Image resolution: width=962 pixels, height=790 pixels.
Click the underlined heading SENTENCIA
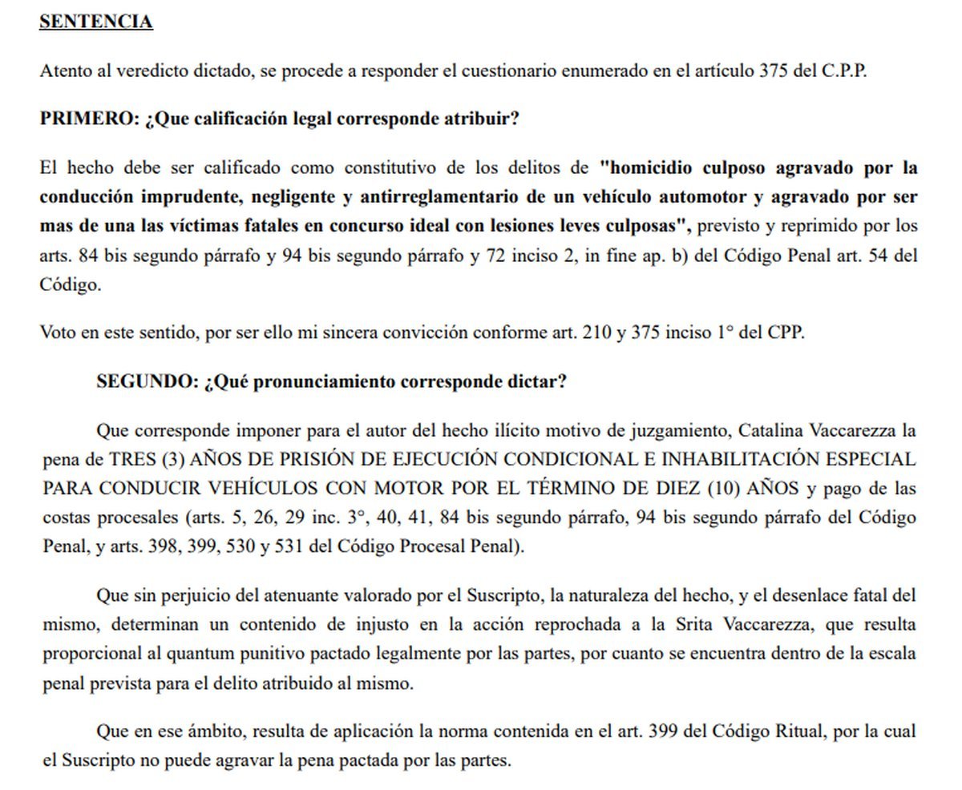point(96,22)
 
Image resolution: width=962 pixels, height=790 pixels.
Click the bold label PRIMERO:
point(90,119)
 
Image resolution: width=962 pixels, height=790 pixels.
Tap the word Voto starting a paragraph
point(58,333)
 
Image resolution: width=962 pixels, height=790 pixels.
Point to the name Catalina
point(765,431)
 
